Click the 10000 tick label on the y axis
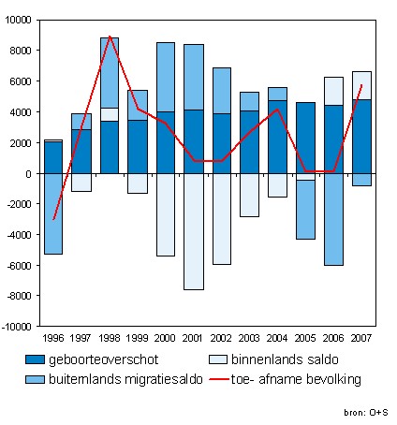tap(18, 20)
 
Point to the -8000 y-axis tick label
tap(19, 296)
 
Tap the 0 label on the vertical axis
tap(28, 174)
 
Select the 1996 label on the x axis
tap(53, 338)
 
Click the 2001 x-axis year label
tap(193, 338)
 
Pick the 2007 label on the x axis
tap(361, 338)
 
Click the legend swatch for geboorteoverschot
tap(35, 359)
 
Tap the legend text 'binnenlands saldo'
tap(285, 359)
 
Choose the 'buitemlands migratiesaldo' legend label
tap(125, 379)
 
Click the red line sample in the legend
tap(219, 379)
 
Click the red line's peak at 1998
tap(110, 37)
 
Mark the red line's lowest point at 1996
tap(53, 219)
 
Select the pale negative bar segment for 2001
tap(194, 231)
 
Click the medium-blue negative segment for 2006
tap(333, 219)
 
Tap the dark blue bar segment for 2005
tap(305, 138)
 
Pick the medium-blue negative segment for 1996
tap(53, 213)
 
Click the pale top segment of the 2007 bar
tap(361, 86)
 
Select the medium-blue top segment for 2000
tap(166, 77)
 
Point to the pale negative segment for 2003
tap(249, 195)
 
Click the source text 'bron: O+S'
tap(366, 413)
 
